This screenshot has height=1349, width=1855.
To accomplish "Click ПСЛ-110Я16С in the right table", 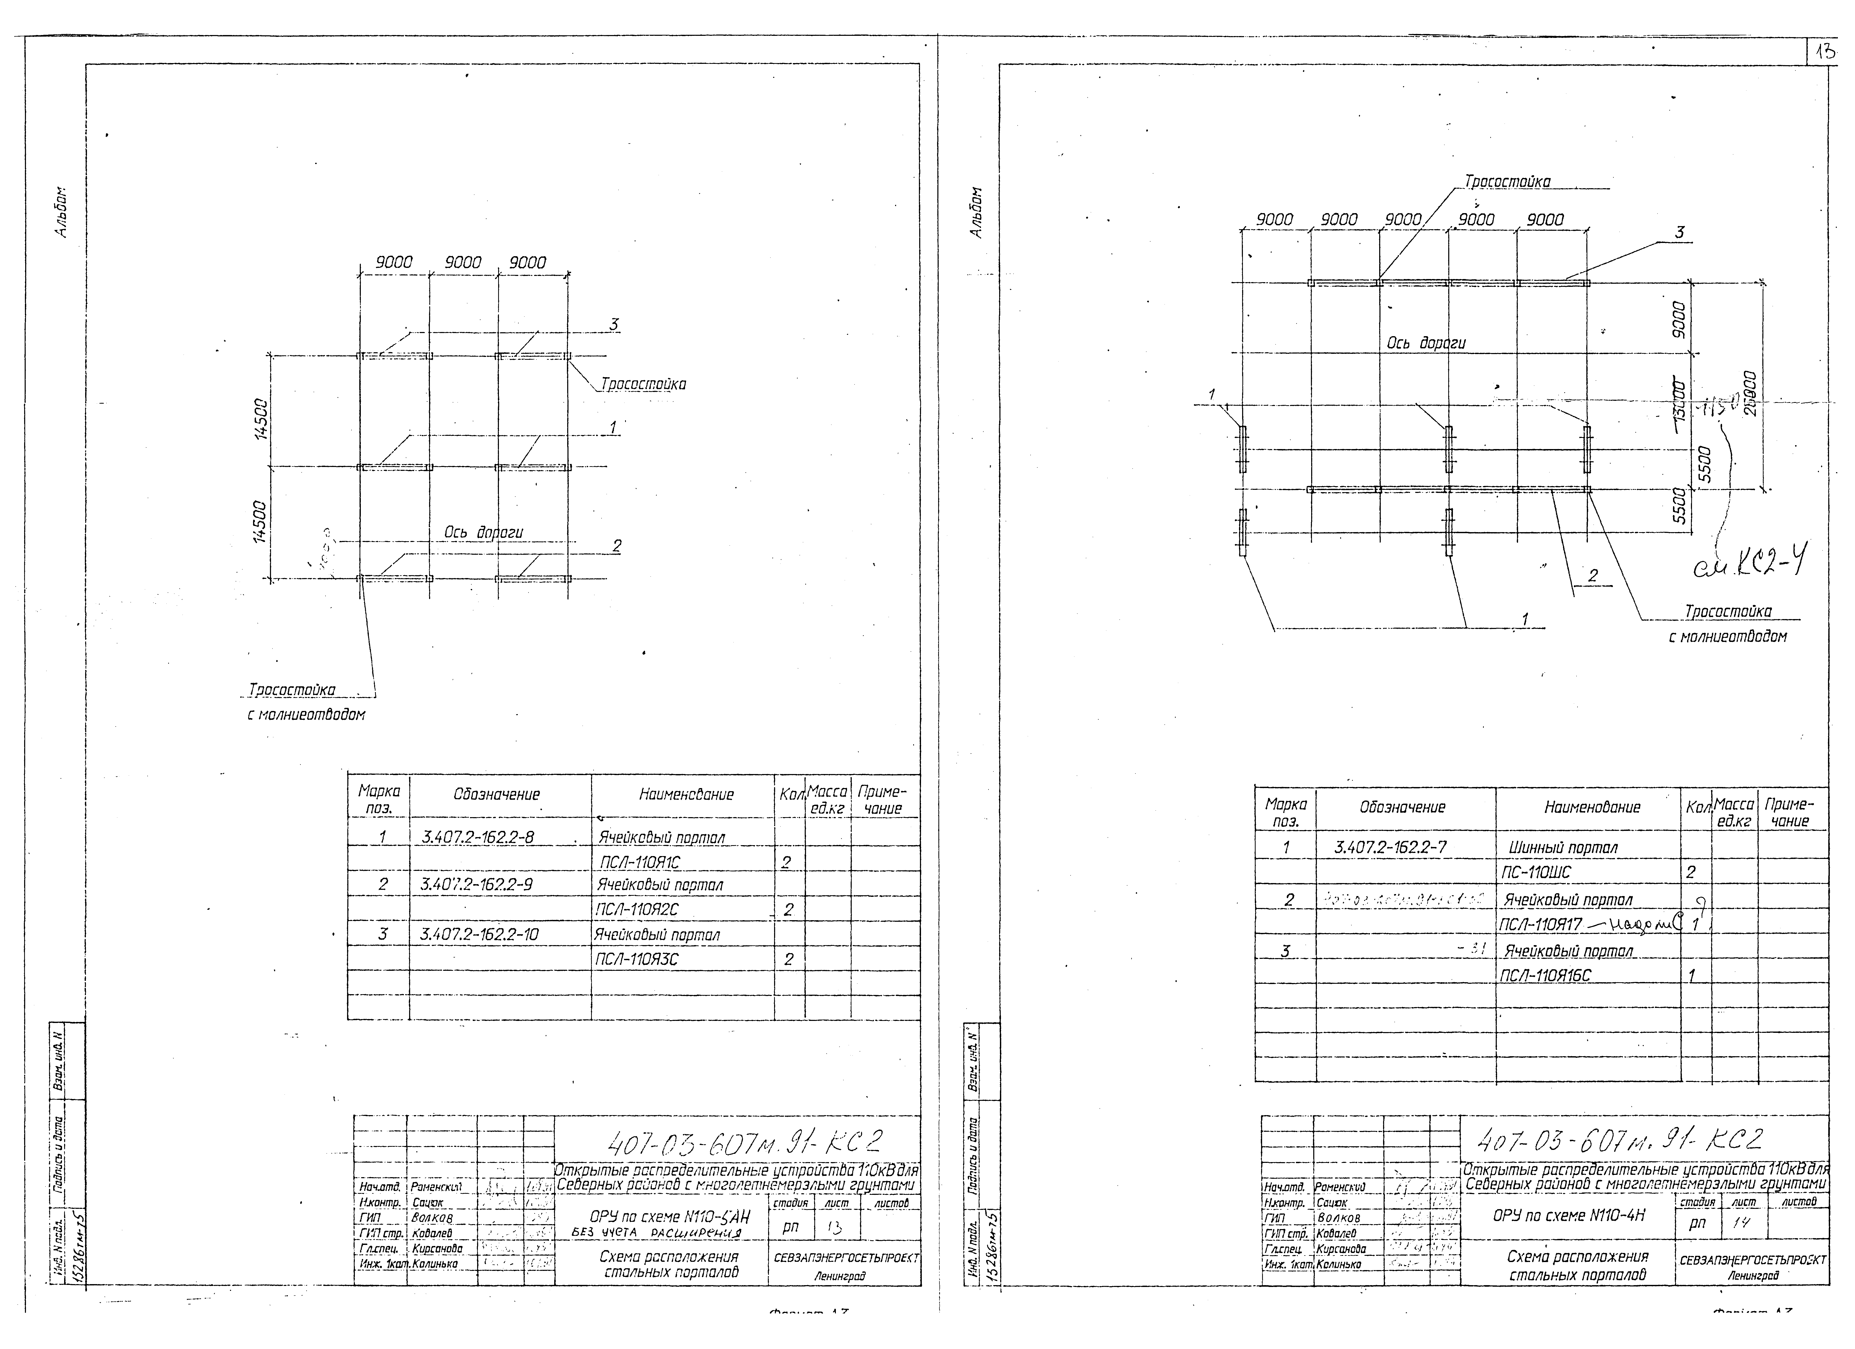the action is [x=1546, y=975].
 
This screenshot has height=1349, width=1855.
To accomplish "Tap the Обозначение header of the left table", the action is [x=497, y=794].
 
